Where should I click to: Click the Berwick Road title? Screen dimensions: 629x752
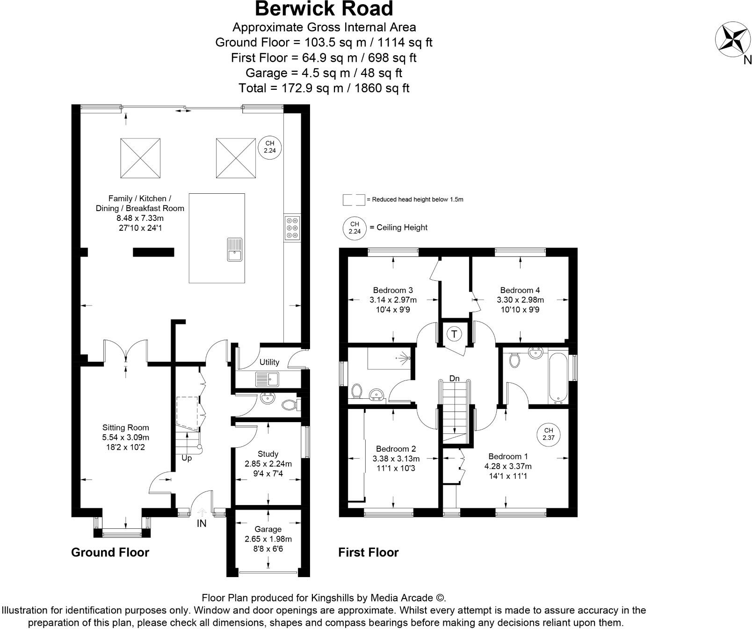[324, 9]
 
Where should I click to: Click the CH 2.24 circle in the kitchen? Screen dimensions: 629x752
[270, 147]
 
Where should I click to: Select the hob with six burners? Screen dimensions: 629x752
[293, 228]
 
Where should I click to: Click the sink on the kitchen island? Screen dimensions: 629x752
[234, 249]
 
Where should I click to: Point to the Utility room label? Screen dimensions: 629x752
[269, 362]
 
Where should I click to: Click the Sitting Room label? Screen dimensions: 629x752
[126, 427]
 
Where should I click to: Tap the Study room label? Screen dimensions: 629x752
[268, 454]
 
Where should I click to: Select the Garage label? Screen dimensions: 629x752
[268, 529]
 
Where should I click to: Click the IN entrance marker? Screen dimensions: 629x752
[202, 523]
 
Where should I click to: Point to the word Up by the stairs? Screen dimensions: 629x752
[187, 458]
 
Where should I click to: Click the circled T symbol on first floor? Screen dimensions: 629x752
[454, 334]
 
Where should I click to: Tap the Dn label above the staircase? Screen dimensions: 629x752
[454, 378]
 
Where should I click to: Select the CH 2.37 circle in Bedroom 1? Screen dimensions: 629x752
[549, 434]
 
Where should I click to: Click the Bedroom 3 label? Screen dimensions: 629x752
[393, 290]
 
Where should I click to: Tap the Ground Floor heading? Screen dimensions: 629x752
[110, 552]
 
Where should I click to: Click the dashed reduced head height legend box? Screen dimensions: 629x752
[354, 200]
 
